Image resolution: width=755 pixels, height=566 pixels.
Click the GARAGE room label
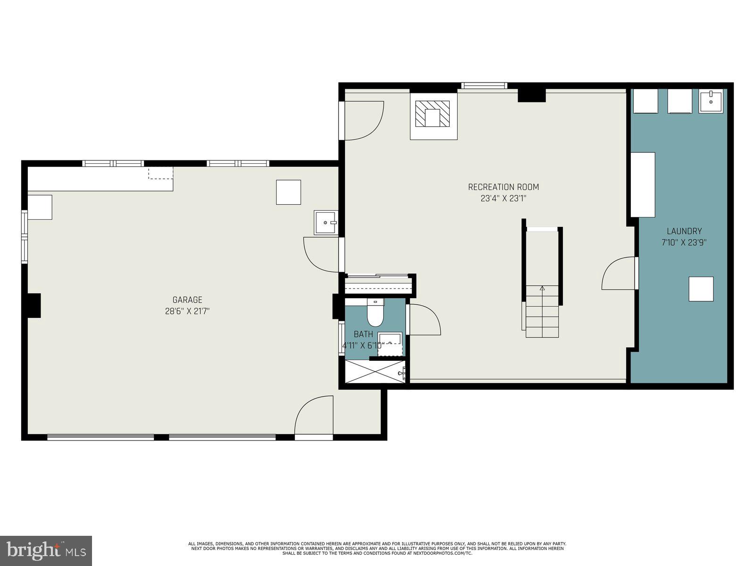[187, 300]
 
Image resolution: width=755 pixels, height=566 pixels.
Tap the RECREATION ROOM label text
[503, 187]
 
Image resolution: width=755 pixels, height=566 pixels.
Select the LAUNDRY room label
[684, 231]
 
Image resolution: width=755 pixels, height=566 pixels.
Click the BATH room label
[363, 334]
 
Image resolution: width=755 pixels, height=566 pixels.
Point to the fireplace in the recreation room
[433, 115]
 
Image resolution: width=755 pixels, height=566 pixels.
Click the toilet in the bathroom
[376, 314]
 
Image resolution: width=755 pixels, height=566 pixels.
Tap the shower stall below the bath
[375, 372]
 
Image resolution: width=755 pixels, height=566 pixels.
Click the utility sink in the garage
[326, 223]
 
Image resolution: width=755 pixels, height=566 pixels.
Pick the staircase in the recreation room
[542, 311]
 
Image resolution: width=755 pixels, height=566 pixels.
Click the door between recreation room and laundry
[620, 274]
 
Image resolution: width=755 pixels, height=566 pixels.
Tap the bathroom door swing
[423, 320]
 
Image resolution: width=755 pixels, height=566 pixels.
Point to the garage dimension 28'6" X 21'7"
[187, 311]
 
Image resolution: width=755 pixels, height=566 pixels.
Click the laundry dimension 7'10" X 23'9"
[684, 243]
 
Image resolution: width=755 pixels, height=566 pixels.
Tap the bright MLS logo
[46, 550]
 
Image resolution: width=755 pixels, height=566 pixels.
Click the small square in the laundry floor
[701, 289]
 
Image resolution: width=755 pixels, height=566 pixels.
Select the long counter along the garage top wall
[100, 179]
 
